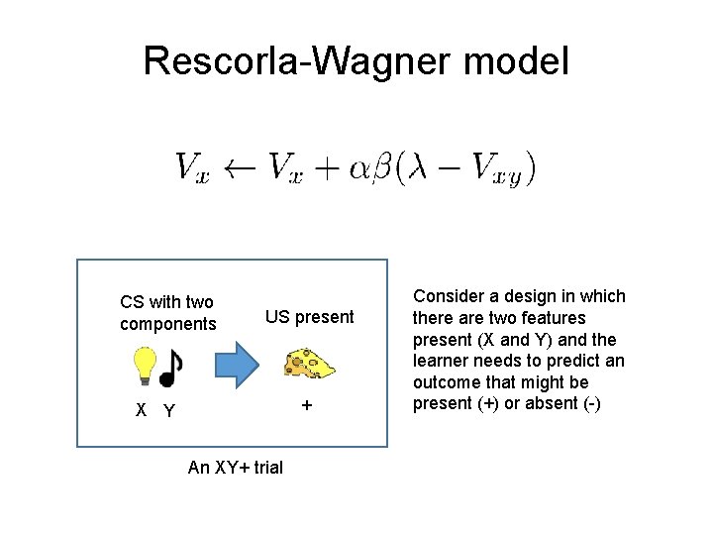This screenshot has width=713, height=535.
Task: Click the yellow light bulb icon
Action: click(x=144, y=366)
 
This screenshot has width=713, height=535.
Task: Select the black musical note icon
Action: click(x=170, y=369)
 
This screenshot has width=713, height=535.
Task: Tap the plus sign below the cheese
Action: click(x=307, y=406)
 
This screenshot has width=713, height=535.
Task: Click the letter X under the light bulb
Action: click(x=142, y=410)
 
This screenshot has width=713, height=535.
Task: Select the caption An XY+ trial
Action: click(x=235, y=467)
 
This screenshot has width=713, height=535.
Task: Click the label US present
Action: click(x=309, y=317)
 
